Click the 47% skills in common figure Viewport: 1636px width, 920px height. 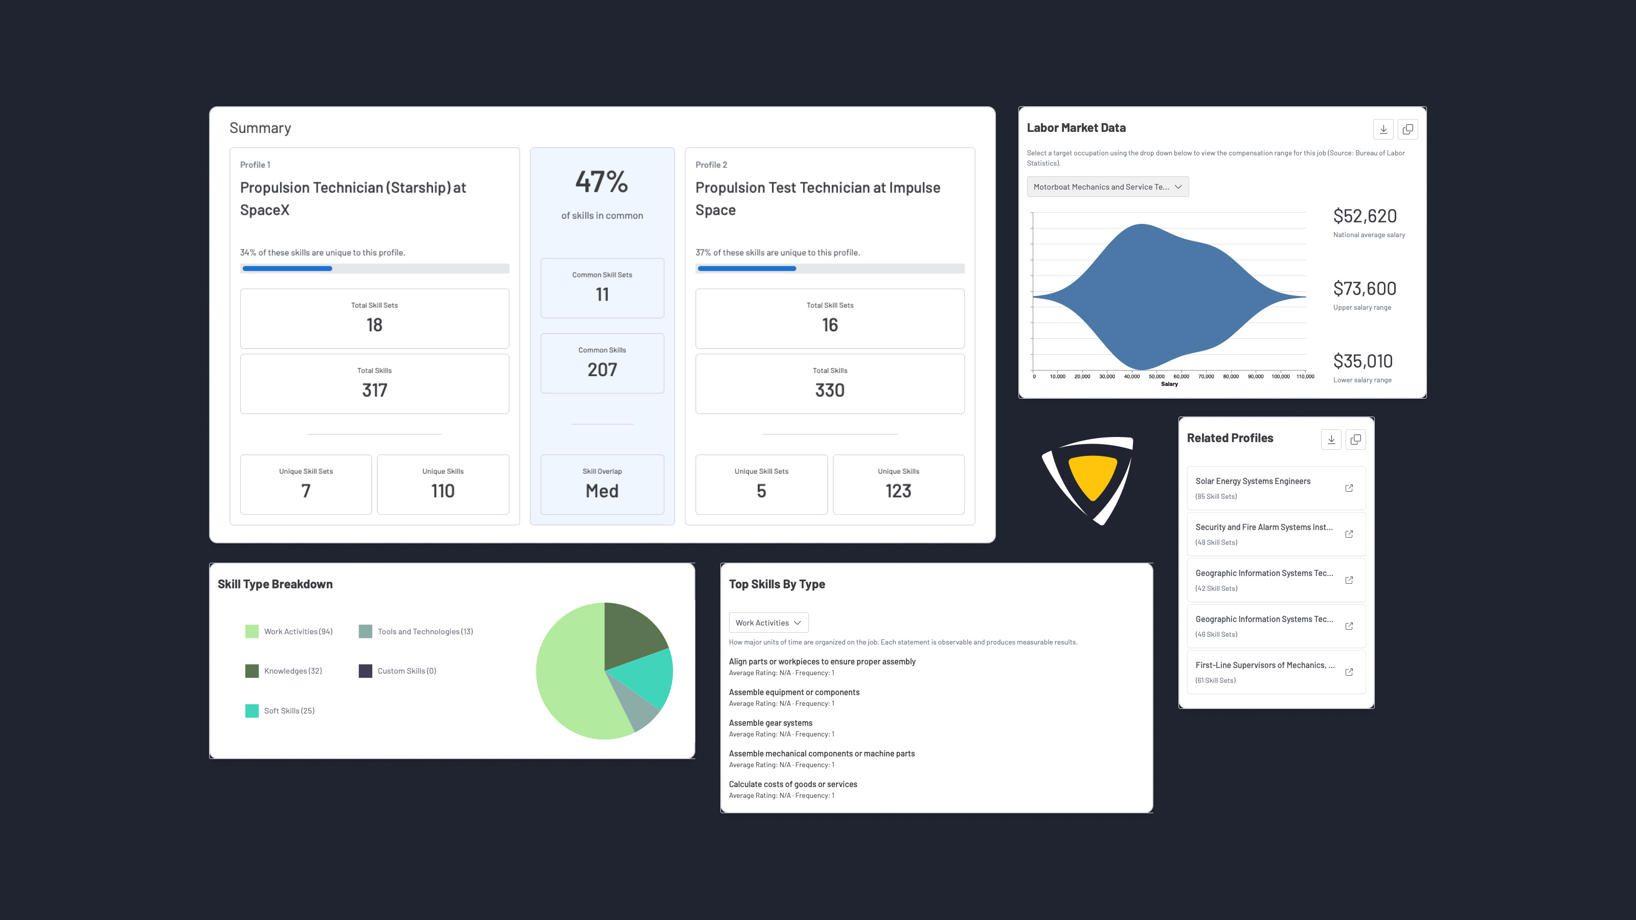[601, 182]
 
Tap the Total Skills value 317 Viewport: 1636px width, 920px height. [374, 390]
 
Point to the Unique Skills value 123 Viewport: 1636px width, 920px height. [898, 491]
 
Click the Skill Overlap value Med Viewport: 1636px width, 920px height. [601, 491]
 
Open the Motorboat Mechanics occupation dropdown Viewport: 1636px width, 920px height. [1107, 187]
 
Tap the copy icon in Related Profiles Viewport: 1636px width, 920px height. [1355, 440]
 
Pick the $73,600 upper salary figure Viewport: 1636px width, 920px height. [1364, 289]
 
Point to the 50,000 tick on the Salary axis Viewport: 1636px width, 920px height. [1156, 377]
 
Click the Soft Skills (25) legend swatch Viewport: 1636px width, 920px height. [252, 710]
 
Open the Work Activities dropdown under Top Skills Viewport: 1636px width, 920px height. [768, 623]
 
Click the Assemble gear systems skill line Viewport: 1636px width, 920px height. [770, 723]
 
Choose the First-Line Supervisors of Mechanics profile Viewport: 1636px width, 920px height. [1264, 665]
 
